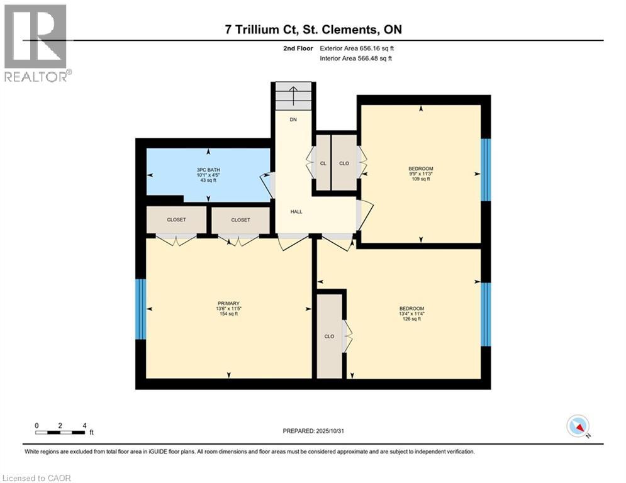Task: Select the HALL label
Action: click(x=296, y=211)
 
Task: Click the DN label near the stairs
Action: click(x=293, y=119)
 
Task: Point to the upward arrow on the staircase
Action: click(x=293, y=96)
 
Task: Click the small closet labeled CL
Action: click(x=323, y=163)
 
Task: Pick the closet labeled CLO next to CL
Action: click(x=344, y=163)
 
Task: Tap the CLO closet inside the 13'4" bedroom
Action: click(x=329, y=336)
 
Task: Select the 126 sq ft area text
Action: click(x=411, y=319)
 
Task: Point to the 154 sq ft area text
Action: click(x=228, y=314)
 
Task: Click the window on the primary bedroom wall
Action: click(x=140, y=309)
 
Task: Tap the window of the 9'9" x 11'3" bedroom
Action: click(x=486, y=170)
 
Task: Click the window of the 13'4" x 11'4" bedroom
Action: click(x=486, y=314)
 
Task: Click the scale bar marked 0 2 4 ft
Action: click(x=60, y=431)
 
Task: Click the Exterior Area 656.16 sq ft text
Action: click(x=357, y=48)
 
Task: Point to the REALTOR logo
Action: click(x=36, y=43)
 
